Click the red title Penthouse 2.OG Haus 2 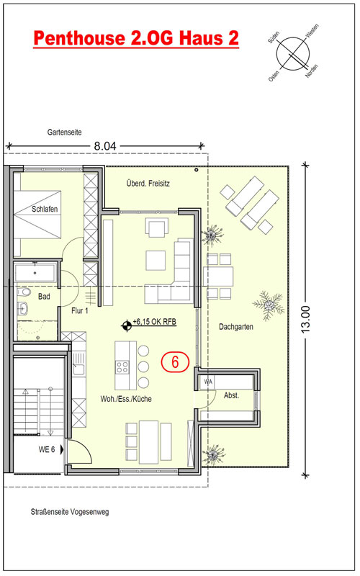[x=136, y=38]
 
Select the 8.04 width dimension [x=105, y=146]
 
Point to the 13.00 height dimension [x=305, y=320]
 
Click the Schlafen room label [x=45, y=209]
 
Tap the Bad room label [x=44, y=297]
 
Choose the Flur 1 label [x=80, y=311]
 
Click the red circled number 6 [x=175, y=362]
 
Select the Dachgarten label [x=236, y=327]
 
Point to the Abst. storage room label [x=231, y=395]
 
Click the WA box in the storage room [x=208, y=382]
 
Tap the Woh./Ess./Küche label [x=126, y=399]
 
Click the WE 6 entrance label [x=47, y=449]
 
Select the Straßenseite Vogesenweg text [x=69, y=512]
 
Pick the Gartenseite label [x=64, y=132]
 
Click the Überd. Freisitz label [x=148, y=183]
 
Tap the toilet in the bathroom [x=24, y=292]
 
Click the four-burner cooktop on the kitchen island [x=122, y=366]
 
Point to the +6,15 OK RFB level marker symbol [x=127, y=325]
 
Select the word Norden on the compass [x=312, y=71]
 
